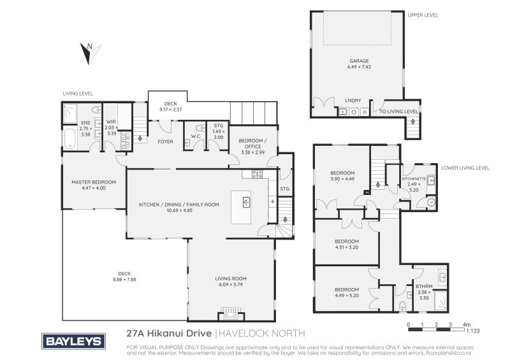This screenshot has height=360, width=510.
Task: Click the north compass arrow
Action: click(90, 54)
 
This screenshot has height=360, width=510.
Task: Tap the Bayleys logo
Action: click(73, 341)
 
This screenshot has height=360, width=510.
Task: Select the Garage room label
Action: click(359, 61)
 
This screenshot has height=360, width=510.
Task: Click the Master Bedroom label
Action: click(94, 182)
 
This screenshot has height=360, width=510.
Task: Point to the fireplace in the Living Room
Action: click(231, 314)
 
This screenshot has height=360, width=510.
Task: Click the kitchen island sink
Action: click(247, 202)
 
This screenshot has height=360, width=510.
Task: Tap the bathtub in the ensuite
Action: click(69, 139)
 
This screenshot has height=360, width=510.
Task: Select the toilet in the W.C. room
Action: click(200, 127)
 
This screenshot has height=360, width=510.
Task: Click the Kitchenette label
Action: click(414, 178)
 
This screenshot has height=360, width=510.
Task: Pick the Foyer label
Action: click(165, 141)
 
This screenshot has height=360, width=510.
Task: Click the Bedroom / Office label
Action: click(252, 143)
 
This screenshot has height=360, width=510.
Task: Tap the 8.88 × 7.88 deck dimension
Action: click(124, 279)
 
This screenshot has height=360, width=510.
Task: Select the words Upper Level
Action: click(423, 15)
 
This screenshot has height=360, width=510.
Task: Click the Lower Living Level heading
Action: click(465, 168)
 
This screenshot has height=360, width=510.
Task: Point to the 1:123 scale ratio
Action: click(473, 331)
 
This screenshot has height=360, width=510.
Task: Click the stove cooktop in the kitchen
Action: click(257, 174)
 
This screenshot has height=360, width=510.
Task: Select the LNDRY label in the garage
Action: click(353, 101)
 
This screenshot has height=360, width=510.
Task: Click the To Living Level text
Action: click(399, 112)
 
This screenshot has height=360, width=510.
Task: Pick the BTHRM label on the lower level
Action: click(424, 287)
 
